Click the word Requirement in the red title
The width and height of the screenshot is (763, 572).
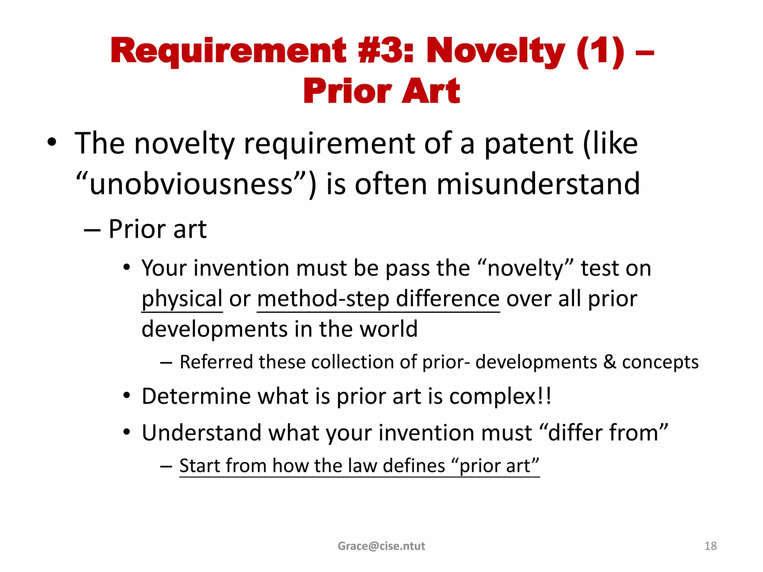point(228,51)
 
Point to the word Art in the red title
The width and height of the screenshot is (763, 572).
point(431,92)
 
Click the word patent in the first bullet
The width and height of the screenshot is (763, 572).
point(528,144)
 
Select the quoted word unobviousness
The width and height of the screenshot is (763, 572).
point(191,184)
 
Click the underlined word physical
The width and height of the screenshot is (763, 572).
point(182,299)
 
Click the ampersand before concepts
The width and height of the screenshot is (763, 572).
point(610,362)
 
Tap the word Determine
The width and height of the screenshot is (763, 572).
point(197,396)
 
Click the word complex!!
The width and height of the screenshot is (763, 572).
point(500,396)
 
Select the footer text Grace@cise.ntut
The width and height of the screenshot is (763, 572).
point(381,546)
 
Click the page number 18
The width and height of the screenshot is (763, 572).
point(710,546)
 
